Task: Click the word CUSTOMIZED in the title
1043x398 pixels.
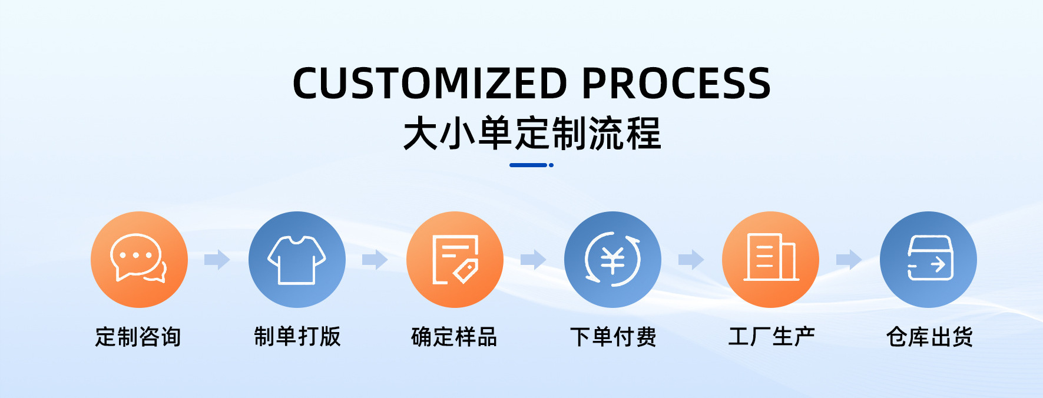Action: coord(430,83)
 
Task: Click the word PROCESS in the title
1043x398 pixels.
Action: coord(676,83)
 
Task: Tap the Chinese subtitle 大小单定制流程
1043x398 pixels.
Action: coord(532,134)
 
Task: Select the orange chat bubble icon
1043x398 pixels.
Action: coord(139,259)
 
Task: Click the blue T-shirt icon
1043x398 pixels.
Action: coord(297,259)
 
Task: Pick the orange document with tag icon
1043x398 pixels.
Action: coord(455,259)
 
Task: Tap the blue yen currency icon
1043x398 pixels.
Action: coord(612,259)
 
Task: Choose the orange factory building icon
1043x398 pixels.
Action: coord(770,259)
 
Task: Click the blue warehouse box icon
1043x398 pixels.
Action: coord(928,259)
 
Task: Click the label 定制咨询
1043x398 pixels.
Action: coord(138,337)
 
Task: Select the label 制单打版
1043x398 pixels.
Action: coord(297,337)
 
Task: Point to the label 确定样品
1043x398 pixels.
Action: coord(454,337)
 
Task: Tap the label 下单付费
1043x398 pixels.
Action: coord(613,337)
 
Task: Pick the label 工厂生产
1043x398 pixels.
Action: coord(772,337)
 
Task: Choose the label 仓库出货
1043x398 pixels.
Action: coord(929,337)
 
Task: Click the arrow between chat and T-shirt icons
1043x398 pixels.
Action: coord(217,259)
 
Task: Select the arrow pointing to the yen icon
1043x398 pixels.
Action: coord(533,259)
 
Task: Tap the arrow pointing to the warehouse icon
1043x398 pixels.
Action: coord(849,259)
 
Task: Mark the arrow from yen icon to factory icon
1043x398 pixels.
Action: coord(691,259)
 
